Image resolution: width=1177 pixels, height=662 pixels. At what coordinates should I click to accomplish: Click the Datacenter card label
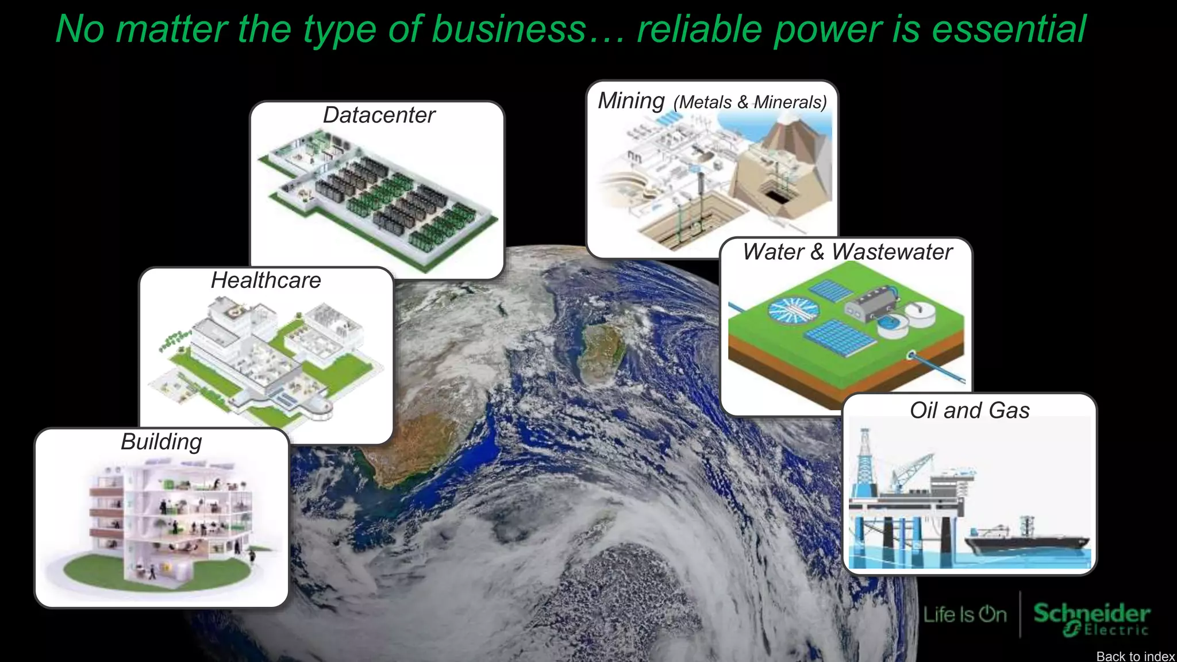(x=379, y=116)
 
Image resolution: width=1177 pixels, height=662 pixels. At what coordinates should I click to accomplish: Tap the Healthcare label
(x=266, y=280)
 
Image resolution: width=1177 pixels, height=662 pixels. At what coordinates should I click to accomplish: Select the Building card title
(x=161, y=442)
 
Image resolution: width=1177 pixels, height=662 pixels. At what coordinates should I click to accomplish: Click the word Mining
(x=631, y=101)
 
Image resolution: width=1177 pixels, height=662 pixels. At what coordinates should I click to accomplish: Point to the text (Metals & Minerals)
(x=750, y=102)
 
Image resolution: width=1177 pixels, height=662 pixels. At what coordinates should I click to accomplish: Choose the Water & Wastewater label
(x=847, y=252)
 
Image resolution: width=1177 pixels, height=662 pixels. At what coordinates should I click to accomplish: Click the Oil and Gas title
(x=970, y=410)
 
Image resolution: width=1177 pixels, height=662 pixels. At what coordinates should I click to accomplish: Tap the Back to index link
(x=1135, y=656)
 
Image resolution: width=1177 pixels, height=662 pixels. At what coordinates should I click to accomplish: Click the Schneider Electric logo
(x=1091, y=619)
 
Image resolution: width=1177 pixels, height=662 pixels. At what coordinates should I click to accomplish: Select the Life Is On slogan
(x=965, y=615)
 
